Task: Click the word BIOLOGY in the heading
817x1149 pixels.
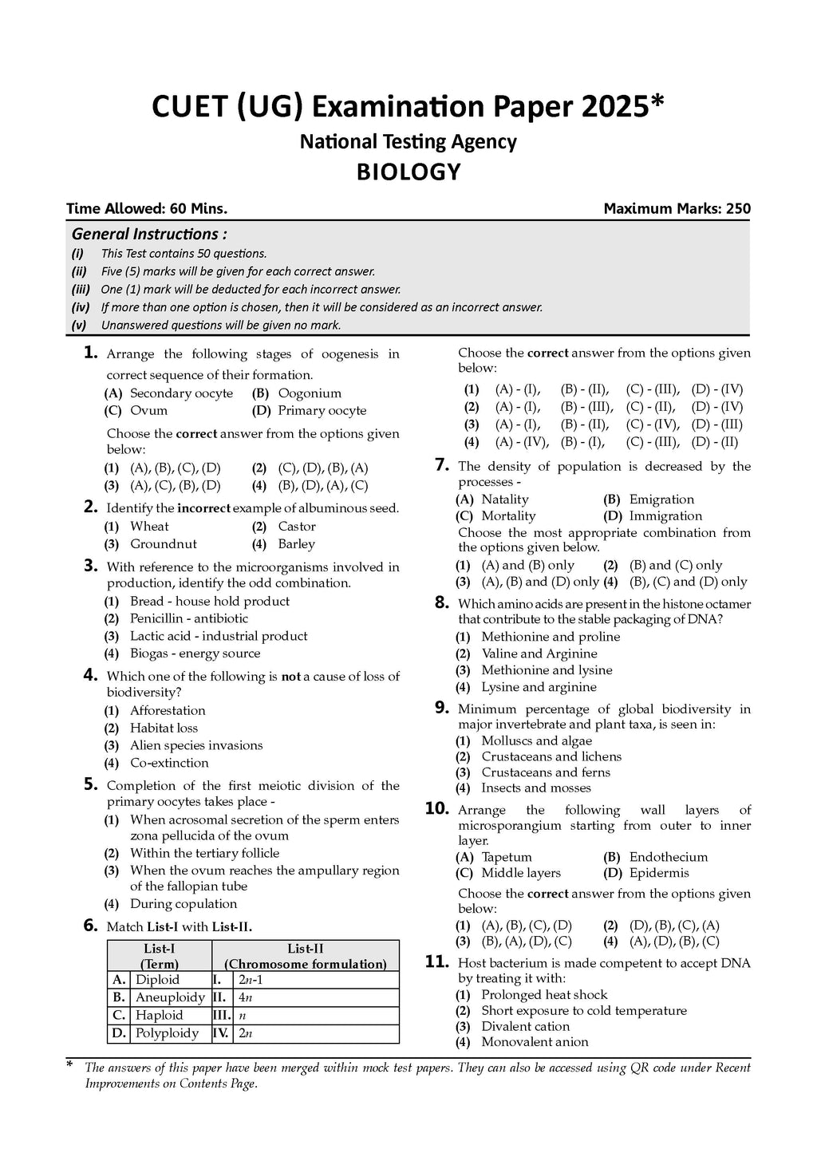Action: click(x=408, y=172)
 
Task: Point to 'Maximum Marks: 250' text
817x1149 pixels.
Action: click(x=677, y=209)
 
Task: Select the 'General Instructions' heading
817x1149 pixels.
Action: click(x=149, y=235)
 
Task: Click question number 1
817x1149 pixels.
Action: click(x=90, y=353)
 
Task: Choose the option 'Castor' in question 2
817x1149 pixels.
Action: click(x=297, y=527)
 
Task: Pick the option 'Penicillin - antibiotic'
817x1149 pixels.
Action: click(x=189, y=618)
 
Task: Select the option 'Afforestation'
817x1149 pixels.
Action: click(x=168, y=710)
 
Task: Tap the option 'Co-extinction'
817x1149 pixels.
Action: click(x=169, y=763)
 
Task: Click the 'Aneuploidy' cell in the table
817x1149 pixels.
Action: click(x=170, y=997)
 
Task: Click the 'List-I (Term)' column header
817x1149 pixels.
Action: click(x=160, y=956)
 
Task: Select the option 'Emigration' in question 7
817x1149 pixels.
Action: click(x=661, y=499)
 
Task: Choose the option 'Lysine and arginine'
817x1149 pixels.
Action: click(x=539, y=687)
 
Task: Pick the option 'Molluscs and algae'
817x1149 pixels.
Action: click(x=536, y=740)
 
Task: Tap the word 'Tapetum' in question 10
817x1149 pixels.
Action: click(x=507, y=857)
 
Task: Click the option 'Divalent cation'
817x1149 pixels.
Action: click(x=525, y=1026)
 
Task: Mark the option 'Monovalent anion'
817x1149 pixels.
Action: click(x=535, y=1042)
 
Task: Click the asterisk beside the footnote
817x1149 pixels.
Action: click(x=70, y=1065)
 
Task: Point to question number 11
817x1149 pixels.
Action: click(x=437, y=961)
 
